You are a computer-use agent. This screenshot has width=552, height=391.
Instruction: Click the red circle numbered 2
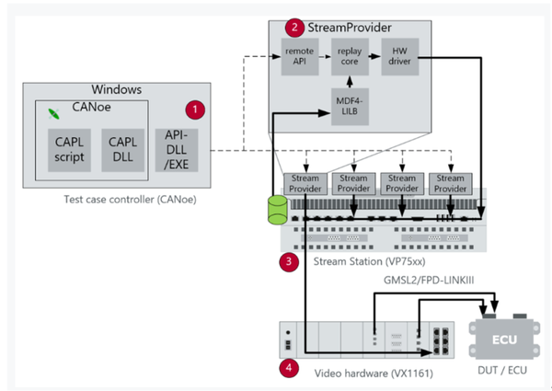coord(293,28)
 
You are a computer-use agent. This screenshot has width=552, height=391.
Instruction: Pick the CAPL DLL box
coord(122,151)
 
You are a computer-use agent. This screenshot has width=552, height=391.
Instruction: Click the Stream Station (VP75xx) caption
coord(362,260)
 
